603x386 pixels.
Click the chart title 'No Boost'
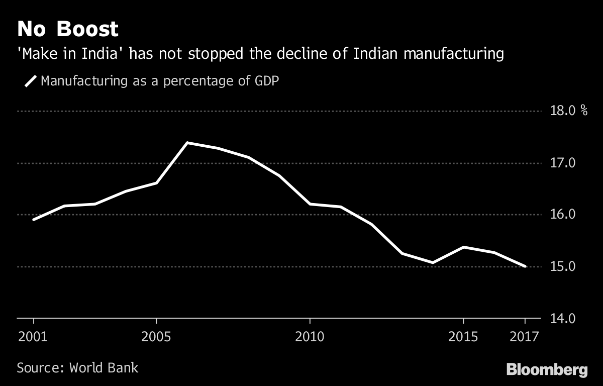[68, 29]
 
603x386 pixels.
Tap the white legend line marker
[31, 81]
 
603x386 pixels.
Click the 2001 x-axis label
[33, 336]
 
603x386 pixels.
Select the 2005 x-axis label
[157, 336]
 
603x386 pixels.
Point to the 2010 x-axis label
[310, 336]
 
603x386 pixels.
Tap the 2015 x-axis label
[463, 336]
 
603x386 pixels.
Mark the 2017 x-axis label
[525, 336]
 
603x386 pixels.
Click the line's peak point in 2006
[187, 143]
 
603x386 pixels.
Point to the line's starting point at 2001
[34, 220]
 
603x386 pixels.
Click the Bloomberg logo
[547, 370]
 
